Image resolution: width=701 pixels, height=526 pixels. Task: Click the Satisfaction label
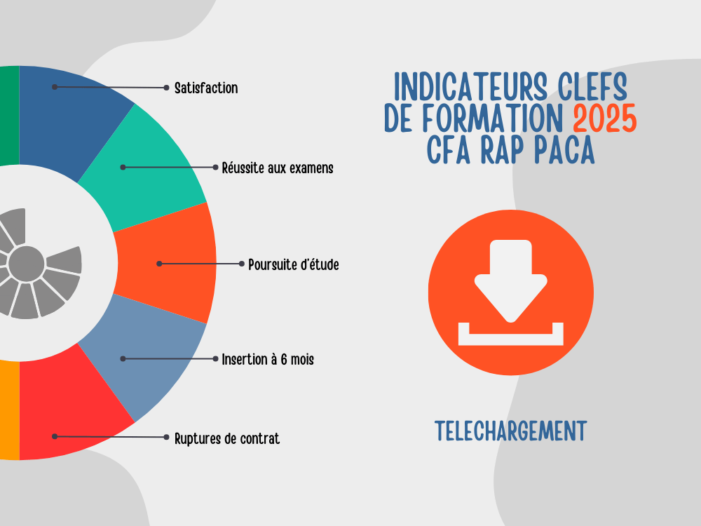click(205, 88)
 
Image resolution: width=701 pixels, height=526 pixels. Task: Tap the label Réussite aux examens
click(277, 168)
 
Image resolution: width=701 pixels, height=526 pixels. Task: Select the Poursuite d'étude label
click(293, 264)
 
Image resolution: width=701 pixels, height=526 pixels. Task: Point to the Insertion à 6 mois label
click(267, 359)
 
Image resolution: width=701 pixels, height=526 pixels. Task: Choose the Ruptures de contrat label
click(226, 439)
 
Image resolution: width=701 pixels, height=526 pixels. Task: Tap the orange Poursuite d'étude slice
click(168, 264)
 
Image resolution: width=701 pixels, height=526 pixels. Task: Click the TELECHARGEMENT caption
click(510, 431)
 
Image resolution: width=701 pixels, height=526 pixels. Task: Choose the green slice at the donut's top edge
click(9, 116)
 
